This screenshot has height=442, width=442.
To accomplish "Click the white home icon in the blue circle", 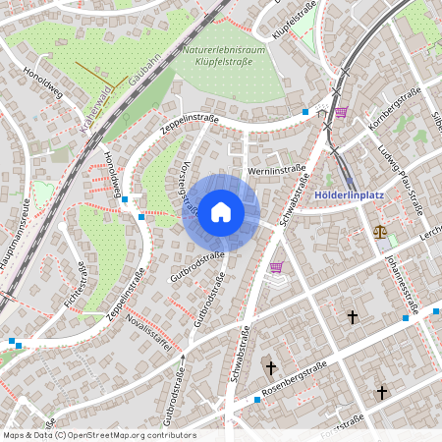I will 221,211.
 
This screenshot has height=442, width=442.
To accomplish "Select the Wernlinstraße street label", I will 277,171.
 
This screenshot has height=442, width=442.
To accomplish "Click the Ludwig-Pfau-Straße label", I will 400,169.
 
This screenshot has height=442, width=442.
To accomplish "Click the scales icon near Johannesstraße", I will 380,233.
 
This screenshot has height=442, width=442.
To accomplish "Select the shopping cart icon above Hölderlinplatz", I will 341,112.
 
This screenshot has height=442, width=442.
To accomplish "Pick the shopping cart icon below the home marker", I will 276,266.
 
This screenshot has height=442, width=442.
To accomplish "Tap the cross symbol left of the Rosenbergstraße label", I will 270,367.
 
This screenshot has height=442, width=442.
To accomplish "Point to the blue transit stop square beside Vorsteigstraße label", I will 143,215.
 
